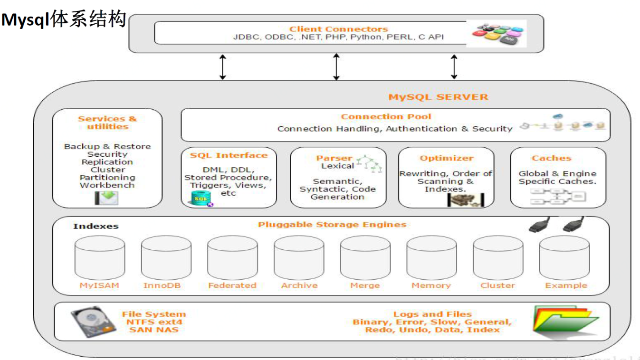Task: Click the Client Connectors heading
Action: point(338,29)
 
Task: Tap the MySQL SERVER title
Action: point(438,97)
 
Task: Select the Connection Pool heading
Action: point(386,117)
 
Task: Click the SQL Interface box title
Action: point(229,155)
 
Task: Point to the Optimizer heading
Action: point(446,158)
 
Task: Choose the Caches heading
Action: point(551,158)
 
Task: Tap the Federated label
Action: point(232,285)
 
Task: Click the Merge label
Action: point(365,285)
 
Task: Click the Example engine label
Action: point(566,285)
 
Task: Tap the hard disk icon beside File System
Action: point(93,322)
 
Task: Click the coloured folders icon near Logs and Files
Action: point(564,322)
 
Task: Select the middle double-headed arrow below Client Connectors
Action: point(336,66)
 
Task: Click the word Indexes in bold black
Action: point(96,226)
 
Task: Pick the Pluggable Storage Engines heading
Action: point(332,224)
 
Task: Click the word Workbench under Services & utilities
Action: point(107,185)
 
